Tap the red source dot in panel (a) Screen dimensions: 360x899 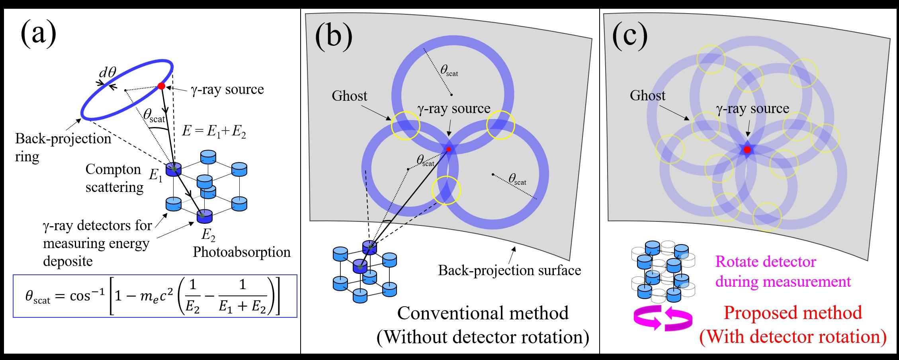coord(161,86)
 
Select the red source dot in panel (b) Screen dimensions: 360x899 coord(449,149)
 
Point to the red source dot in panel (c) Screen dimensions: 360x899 coord(747,150)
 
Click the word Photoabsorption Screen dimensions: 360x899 coord(242,252)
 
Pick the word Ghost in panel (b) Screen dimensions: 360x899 coord(350,96)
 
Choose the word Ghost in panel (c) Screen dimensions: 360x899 coord(647,96)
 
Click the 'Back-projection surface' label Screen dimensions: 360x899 coord(509,270)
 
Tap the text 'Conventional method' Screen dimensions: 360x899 coord(483,313)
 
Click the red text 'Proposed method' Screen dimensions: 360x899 coord(793,313)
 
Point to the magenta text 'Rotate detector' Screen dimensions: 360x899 coord(766,262)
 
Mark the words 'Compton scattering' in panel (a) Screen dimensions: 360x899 coord(114,178)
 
